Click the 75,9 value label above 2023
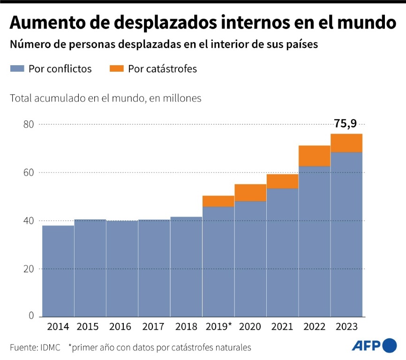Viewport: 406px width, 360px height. pos(345,124)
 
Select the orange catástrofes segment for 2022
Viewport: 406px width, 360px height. pos(314,156)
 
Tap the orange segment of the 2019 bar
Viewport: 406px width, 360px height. pos(218,201)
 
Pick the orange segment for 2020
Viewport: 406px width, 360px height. pos(250,193)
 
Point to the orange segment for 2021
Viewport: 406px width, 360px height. pos(282,181)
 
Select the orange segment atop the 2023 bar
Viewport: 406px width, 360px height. pos(346,143)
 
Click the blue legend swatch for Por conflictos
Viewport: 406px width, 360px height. pos(16,69)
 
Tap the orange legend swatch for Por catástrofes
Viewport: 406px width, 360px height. pos(116,69)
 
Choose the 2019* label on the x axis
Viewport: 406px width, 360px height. pos(219,327)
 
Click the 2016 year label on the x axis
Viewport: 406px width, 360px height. pos(122,327)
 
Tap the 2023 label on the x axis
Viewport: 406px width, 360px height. pos(346,327)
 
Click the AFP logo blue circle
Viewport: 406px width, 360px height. pos(389,345)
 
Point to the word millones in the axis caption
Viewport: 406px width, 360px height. pos(183,98)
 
